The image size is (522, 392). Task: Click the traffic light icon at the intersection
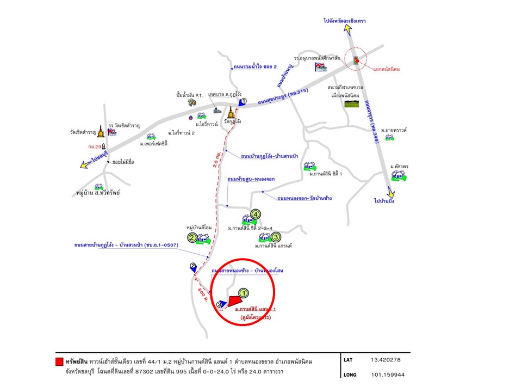click(x=357, y=60)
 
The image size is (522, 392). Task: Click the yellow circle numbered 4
click(x=256, y=215)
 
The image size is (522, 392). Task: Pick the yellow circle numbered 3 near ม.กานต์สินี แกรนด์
click(x=276, y=237)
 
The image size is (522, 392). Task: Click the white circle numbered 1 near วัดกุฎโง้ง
click(x=244, y=101)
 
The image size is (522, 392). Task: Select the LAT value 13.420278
click(x=387, y=360)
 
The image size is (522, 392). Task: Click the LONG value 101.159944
click(x=388, y=375)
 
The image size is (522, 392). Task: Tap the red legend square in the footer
click(x=59, y=362)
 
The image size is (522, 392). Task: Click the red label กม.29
click(x=95, y=147)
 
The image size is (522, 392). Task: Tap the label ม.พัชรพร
click(x=399, y=166)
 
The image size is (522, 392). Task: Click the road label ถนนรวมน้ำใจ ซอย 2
click(x=255, y=67)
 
